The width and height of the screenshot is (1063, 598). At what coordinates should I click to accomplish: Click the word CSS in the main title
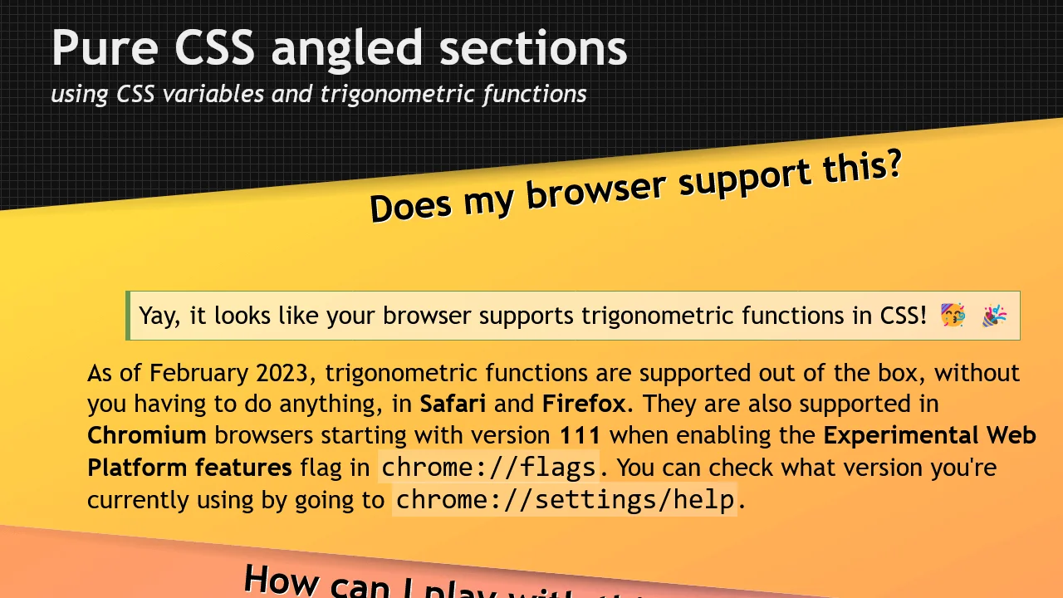coord(215,48)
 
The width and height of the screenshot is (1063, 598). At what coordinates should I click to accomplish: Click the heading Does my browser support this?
coord(635,188)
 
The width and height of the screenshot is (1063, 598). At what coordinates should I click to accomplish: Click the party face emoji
coord(953,316)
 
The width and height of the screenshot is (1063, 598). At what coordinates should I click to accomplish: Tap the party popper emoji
coord(994,316)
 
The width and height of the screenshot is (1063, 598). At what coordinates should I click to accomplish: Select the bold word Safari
coord(453,404)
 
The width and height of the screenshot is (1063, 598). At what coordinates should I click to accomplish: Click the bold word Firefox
coord(585,404)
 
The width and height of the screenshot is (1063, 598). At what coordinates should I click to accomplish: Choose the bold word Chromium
coord(147,435)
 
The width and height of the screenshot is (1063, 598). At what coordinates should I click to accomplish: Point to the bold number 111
coord(580,435)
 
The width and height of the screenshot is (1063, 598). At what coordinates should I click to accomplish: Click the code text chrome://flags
coord(488,467)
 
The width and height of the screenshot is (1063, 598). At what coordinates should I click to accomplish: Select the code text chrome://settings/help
coord(565,499)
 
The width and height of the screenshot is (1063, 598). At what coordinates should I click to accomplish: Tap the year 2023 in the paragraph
coord(284,372)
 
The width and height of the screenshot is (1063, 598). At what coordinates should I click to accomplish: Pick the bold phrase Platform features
coord(189,468)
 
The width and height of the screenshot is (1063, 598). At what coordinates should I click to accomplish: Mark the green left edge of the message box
coord(128,316)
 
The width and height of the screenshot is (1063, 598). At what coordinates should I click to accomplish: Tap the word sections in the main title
coord(533,48)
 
